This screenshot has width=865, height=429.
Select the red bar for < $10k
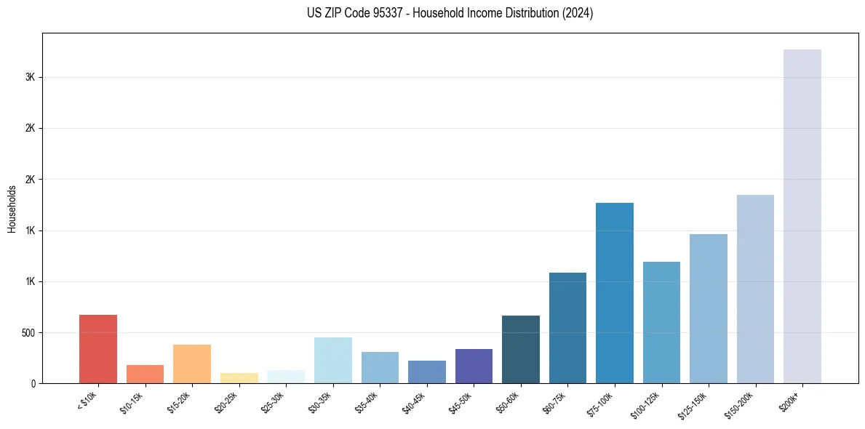coord(98,349)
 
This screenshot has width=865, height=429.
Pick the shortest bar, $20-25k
coord(239,378)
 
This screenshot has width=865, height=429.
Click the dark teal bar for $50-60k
coord(521,349)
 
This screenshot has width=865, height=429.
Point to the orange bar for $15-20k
coord(192,364)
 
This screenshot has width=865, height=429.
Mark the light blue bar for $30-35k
coord(332,360)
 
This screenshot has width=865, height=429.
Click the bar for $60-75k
coord(567,328)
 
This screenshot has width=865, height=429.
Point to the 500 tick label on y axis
coord(27,333)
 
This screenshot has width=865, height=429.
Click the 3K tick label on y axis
coord(30,77)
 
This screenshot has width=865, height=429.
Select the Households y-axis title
coord(12,209)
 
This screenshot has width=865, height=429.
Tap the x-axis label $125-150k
coord(695,403)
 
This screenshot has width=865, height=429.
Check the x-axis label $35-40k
coord(367,401)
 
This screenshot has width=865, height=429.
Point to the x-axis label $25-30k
coord(273,401)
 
